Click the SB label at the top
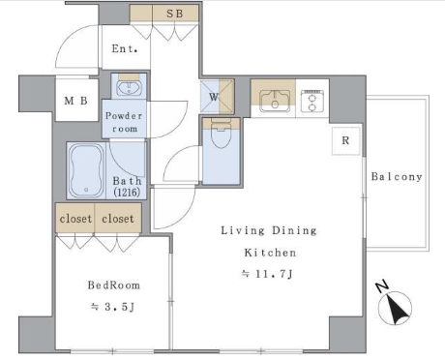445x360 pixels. point(175,14)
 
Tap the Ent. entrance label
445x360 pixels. point(125,49)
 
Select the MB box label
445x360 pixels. point(75,101)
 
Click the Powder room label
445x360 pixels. point(124,122)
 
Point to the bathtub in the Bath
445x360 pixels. point(86,170)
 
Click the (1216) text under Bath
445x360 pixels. point(127,193)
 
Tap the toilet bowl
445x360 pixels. point(221,135)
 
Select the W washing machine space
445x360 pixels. point(217,97)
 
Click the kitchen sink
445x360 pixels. point(275,101)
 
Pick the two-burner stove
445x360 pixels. point(311,101)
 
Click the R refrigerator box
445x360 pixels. point(345,140)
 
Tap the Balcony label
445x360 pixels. point(397,177)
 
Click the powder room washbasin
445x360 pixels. point(129,88)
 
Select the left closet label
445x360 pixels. point(75,219)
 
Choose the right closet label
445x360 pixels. point(118,219)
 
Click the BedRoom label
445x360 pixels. point(114,285)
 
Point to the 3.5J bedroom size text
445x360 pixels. point(112,307)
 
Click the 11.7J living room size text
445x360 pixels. point(267,274)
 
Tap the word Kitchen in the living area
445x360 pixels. point(270,253)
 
